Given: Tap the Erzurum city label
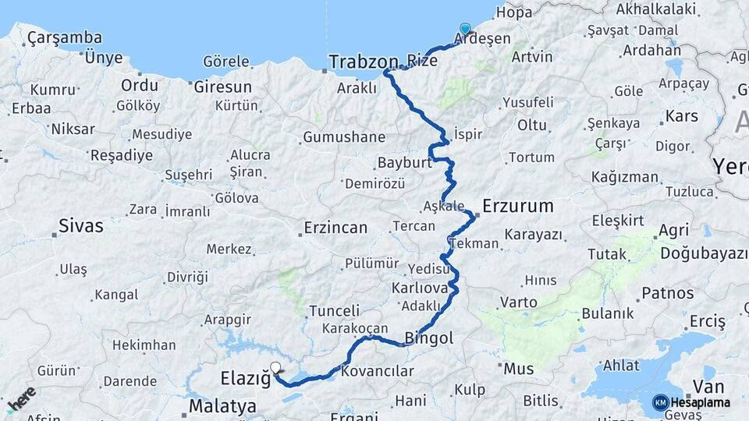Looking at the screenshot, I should coord(517,207).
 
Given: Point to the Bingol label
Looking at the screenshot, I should coord(428,339).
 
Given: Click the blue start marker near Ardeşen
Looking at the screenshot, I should coord(465,30).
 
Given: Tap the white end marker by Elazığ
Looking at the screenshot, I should coord(275,366).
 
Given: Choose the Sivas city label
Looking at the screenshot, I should coord(80,227).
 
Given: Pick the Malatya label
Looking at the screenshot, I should coord(222,406).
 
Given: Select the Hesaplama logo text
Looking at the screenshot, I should coord(701,402).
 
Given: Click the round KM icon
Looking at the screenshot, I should coord(660,402).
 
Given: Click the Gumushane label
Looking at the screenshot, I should coord(343,137).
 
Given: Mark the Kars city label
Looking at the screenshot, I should coord(681,117).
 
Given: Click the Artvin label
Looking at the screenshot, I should coord(532,57).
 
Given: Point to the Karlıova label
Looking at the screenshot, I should coord(420,288).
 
